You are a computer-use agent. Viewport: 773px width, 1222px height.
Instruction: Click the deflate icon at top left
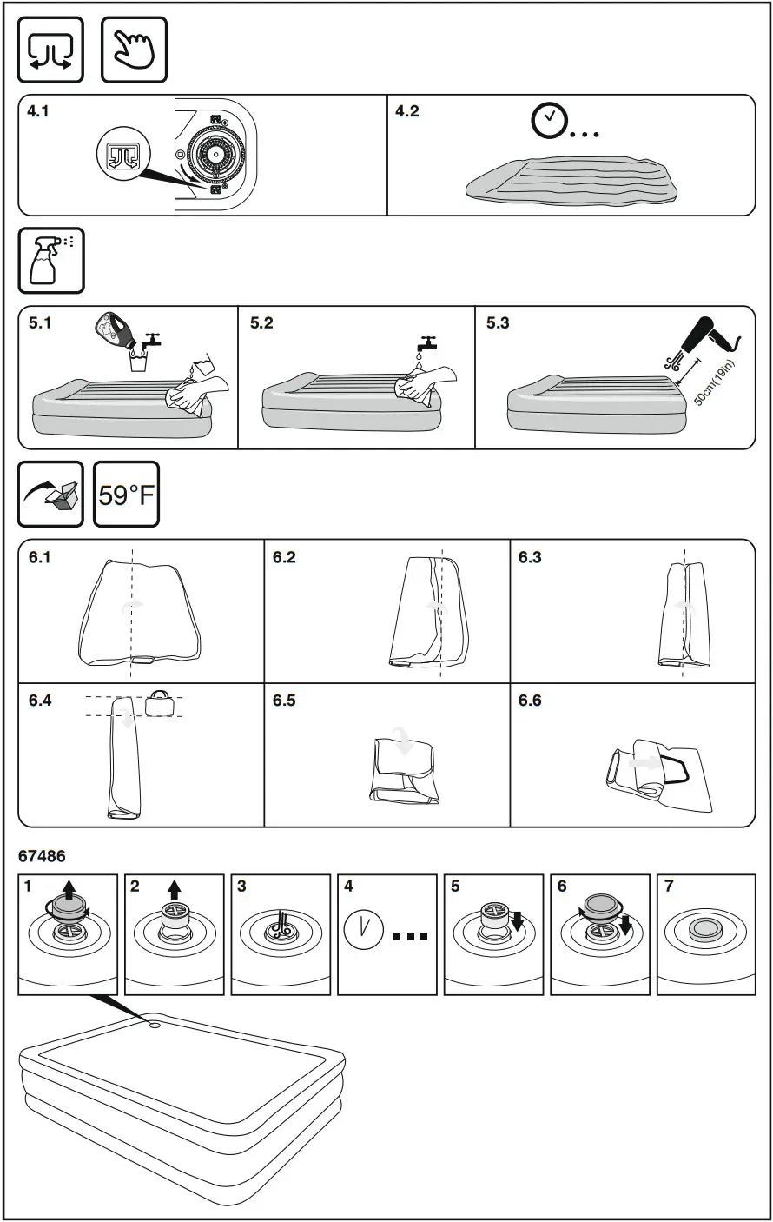click(51, 50)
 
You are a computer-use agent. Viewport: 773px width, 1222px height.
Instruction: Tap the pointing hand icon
click(135, 50)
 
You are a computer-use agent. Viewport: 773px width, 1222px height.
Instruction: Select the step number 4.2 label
click(406, 111)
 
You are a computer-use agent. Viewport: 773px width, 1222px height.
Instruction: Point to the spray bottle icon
click(51, 261)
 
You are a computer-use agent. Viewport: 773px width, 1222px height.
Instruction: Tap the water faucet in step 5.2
click(426, 342)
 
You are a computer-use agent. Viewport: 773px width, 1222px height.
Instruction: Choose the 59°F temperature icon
click(126, 495)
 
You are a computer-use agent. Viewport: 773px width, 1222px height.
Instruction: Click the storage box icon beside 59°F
click(51, 495)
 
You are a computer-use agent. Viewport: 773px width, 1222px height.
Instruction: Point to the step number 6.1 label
click(40, 557)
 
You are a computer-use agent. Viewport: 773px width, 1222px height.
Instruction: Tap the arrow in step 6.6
click(644, 761)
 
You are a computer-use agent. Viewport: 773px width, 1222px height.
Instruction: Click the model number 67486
click(42, 856)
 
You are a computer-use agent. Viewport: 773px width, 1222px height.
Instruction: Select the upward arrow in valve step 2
click(175, 889)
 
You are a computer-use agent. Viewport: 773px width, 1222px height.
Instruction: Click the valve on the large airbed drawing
click(154, 1026)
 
